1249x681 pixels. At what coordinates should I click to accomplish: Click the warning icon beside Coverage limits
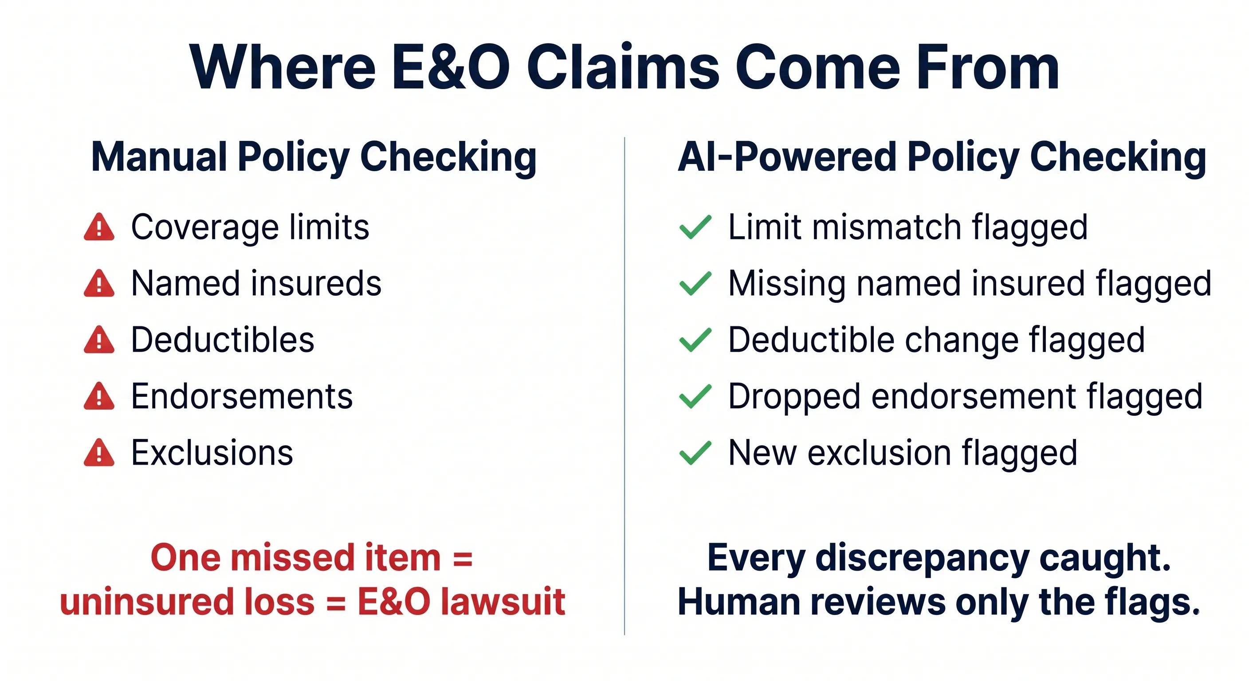pos(99,227)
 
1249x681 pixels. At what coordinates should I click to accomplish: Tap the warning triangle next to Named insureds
pos(99,284)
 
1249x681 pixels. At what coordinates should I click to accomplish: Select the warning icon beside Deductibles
pos(99,340)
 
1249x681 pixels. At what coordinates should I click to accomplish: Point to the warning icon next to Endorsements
pos(99,396)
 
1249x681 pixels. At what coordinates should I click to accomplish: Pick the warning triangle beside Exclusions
pos(99,453)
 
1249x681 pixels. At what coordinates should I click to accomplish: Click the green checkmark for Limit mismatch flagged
pos(695,227)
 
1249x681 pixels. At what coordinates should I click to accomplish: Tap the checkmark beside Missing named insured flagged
pos(695,284)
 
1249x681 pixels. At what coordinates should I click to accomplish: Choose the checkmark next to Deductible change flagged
pos(695,340)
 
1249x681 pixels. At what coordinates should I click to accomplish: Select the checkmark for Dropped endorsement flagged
pos(695,396)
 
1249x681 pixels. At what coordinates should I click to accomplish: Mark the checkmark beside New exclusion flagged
pos(695,453)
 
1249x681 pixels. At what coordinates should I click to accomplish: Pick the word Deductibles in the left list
pos(223,340)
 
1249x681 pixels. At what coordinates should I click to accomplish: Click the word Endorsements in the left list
pos(242,396)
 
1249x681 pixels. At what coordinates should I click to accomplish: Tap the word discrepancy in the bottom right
pos(922,558)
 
